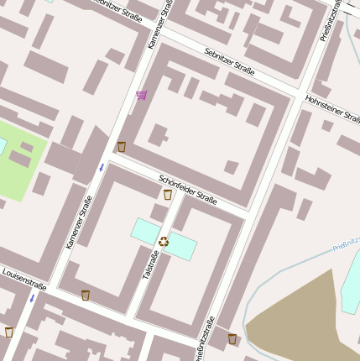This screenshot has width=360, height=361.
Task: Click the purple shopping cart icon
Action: (141, 95)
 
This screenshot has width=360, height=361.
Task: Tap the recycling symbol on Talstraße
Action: (164, 242)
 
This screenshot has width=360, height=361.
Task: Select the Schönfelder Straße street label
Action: (189, 189)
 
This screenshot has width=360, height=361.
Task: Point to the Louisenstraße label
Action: (24, 280)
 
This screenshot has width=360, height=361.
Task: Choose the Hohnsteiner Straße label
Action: (332, 111)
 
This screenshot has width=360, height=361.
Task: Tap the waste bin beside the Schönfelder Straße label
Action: (168, 195)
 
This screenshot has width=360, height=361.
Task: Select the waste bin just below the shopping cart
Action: (122, 147)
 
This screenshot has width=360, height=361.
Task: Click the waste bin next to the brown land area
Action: (232, 339)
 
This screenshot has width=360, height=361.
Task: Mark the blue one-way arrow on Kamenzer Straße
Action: (101, 168)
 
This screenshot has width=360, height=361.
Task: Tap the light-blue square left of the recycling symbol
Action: (144, 231)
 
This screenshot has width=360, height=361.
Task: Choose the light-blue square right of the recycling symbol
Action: (182, 247)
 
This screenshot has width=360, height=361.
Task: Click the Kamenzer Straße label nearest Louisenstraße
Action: (78, 222)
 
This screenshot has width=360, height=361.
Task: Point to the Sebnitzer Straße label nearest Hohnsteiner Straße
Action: (229, 60)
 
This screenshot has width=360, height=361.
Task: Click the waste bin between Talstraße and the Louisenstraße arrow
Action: (86, 295)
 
